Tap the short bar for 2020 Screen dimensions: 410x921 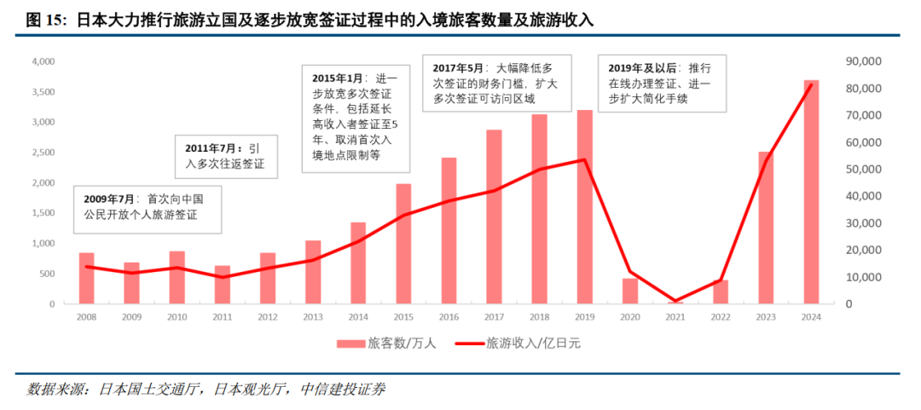point(629,291)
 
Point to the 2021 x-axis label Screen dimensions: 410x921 point(675,317)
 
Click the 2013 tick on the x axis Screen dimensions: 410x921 point(313,317)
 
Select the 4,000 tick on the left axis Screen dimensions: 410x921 point(43,62)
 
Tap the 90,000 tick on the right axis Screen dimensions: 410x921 point(864,62)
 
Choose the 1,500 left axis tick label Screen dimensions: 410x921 point(43,213)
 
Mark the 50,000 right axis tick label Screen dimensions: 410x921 point(864,170)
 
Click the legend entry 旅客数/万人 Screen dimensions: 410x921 point(383,344)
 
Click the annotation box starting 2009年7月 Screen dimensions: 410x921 point(147,208)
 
